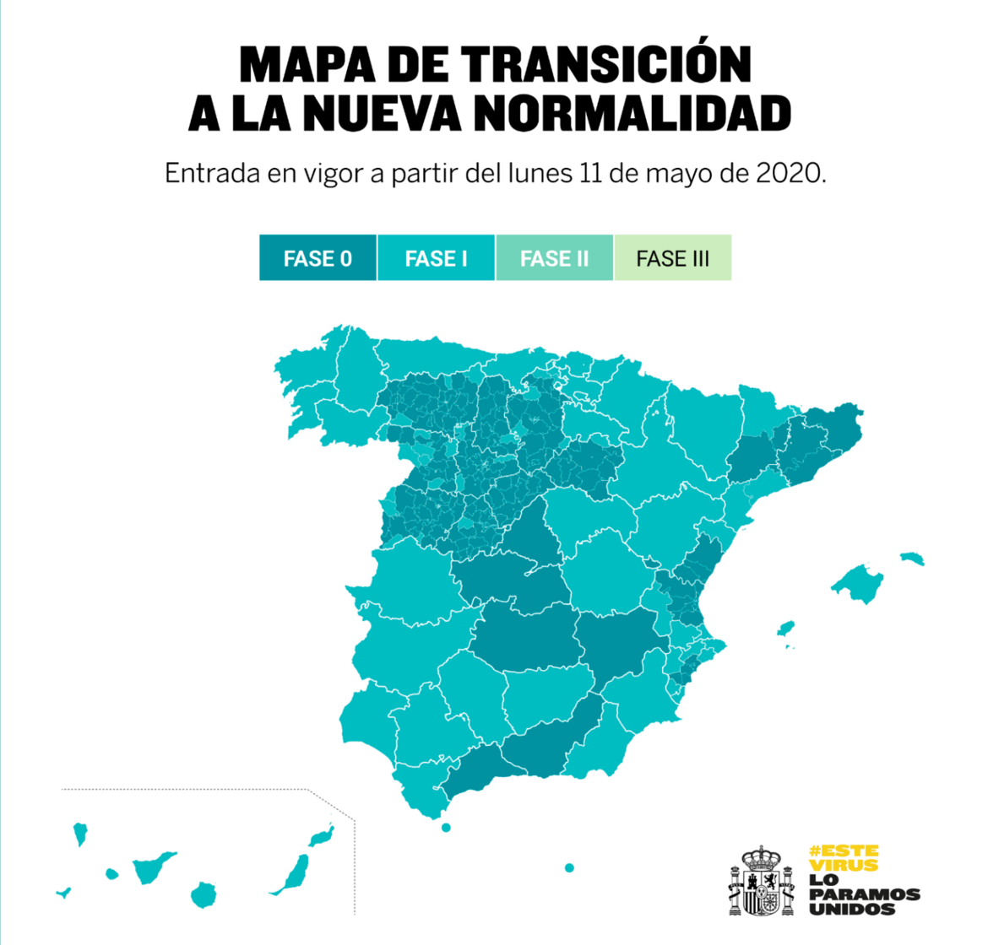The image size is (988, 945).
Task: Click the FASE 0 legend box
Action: [318, 258]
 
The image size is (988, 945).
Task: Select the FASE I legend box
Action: [436, 258]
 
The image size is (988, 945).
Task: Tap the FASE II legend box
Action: [554, 258]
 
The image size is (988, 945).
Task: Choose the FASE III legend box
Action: [672, 258]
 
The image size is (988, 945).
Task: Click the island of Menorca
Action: [912, 559]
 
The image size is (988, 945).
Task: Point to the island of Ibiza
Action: [786, 629]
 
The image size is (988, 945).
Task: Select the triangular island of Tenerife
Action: [152, 867]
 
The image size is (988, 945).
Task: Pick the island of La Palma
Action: [80, 834]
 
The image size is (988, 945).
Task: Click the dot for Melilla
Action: [569, 867]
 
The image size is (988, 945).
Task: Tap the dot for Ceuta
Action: [446, 827]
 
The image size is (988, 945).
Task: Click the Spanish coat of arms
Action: [763, 882]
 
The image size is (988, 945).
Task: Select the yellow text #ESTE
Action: [843, 850]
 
